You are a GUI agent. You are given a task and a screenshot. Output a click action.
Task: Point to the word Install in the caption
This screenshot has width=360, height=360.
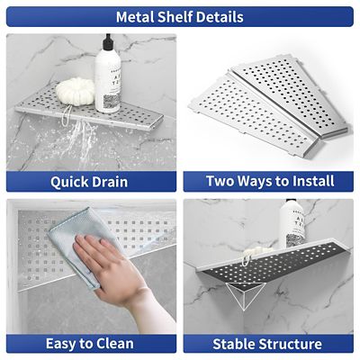(x=306, y=182)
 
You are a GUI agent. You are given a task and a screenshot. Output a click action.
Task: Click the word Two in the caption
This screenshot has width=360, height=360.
(x=223, y=182)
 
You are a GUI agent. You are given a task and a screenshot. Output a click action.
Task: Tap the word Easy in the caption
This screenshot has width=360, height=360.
(x=61, y=344)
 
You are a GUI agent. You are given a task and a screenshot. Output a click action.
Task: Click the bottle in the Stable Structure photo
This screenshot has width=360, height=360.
(x=292, y=229)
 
